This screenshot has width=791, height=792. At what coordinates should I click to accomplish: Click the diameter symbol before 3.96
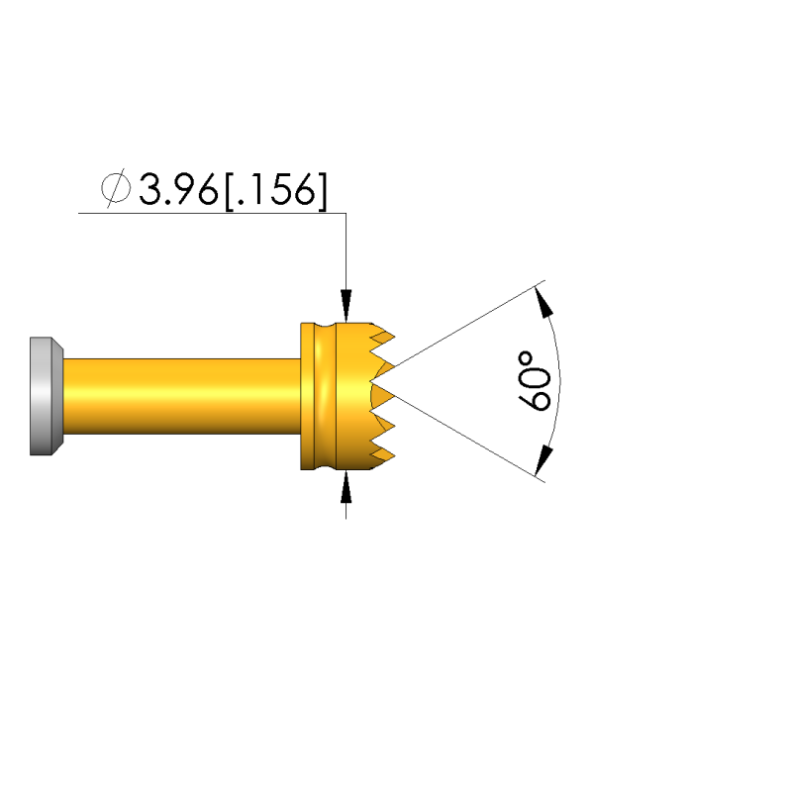116,188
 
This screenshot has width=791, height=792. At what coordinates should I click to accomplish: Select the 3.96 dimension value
179,189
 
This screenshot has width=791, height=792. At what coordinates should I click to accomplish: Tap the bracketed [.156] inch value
276,190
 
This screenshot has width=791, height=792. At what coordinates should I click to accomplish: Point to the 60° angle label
534,381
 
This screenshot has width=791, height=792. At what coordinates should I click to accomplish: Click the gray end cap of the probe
46,396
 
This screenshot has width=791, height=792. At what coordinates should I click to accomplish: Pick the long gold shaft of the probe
182,396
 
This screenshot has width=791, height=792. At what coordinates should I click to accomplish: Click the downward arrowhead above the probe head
346,305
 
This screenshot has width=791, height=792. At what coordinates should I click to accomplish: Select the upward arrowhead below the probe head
346,487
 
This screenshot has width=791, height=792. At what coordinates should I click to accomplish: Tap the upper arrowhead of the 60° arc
544,302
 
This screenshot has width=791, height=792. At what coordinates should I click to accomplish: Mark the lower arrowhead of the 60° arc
544,460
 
